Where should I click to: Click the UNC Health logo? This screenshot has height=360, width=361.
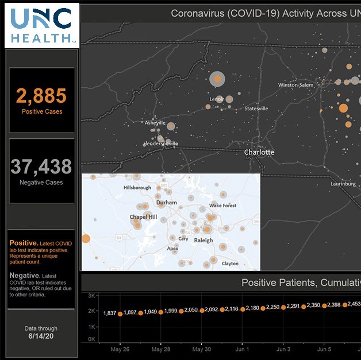[x=41, y=24]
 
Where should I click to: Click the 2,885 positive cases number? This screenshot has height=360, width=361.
[x=41, y=95]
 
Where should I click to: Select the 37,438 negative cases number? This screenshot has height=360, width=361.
[x=41, y=167]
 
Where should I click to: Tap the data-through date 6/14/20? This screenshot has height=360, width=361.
[x=41, y=336]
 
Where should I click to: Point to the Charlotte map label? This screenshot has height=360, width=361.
[x=259, y=153]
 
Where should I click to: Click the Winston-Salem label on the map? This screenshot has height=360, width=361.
[x=296, y=85]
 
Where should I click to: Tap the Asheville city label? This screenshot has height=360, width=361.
[x=155, y=123]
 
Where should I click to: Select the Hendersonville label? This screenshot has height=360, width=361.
[x=161, y=144]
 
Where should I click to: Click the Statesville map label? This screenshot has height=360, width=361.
[x=256, y=109]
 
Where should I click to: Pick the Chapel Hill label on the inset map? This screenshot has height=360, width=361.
[x=143, y=217]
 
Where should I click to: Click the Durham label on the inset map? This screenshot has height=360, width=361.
[x=167, y=203]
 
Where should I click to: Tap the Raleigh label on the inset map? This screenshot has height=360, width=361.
[x=203, y=240]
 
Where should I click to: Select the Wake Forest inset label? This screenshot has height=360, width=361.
[x=222, y=206]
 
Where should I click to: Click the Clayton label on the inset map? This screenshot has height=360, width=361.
[x=230, y=264]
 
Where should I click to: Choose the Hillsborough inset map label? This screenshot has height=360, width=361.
[x=137, y=188]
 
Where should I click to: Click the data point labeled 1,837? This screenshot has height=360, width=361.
[x=120, y=314]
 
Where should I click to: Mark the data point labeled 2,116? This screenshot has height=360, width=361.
[x=243, y=309]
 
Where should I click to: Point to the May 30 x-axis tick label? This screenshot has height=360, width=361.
[x=202, y=349]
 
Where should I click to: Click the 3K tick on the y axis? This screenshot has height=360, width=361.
[x=91, y=296]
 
